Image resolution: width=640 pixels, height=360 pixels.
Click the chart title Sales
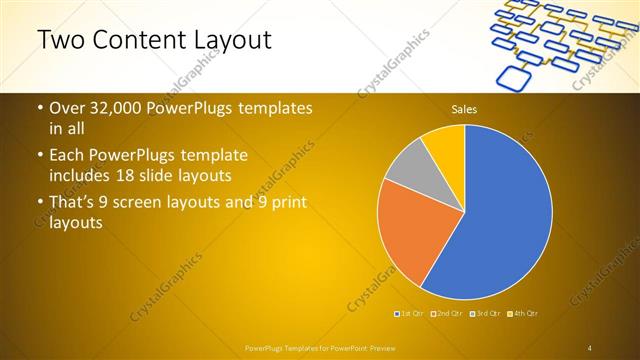(464, 108)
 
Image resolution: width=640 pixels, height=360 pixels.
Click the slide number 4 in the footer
(590, 347)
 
